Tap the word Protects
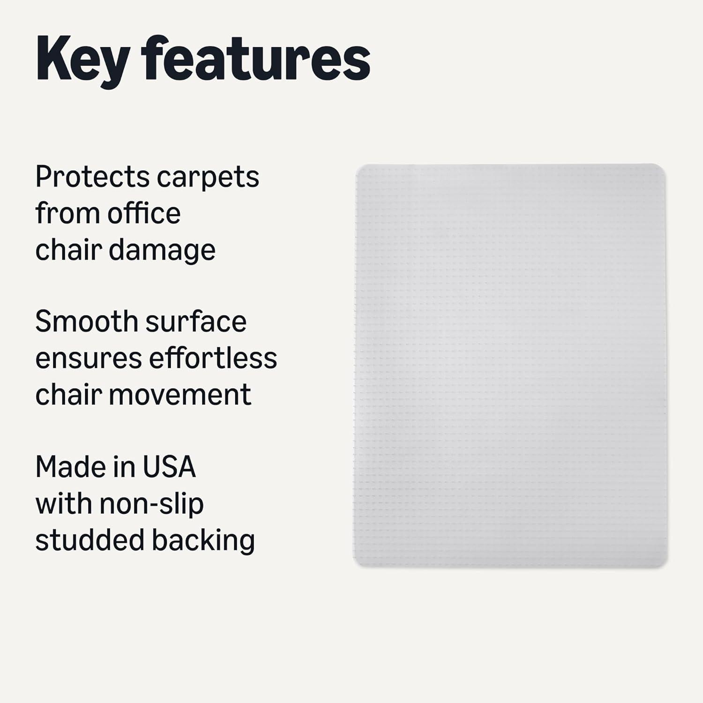(x=92, y=177)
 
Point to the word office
(x=144, y=213)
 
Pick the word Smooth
(x=86, y=322)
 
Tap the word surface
(x=196, y=322)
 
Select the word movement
(x=180, y=395)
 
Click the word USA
(x=169, y=467)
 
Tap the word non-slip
(x=151, y=505)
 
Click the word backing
(x=203, y=541)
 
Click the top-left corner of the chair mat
(x=357, y=165)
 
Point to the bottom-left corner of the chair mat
(x=354, y=566)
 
